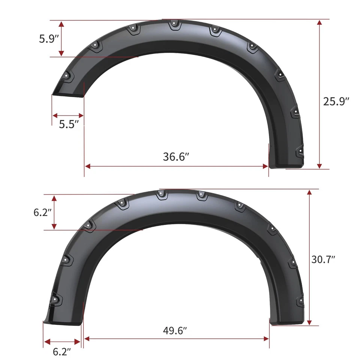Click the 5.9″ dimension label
click(47, 39)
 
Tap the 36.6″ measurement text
click(175, 157)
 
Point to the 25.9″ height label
click(336, 101)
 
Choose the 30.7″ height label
click(323, 259)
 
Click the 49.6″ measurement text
click(175, 330)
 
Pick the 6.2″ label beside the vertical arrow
click(42, 212)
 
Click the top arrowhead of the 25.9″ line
click(319, 22)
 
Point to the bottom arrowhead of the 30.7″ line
click(309, 322)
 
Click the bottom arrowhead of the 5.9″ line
click(61, 54)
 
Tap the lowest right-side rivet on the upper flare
click(300, 152)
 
